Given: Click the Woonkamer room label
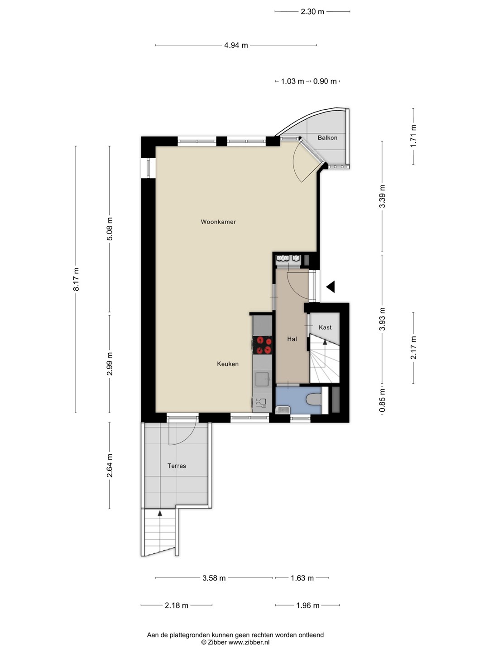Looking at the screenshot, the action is tap(218, 222).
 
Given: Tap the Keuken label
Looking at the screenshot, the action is tap(228, 364).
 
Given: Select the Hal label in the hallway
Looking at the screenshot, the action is tap(292, 339).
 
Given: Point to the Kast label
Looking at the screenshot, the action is tap(325, 327).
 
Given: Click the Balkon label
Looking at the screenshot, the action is tap(327, 137).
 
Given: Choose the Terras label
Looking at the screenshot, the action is tap(177, 466).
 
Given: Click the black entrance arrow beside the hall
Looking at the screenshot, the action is tap(331, 287).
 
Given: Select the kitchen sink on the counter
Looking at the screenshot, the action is tap(262, 379).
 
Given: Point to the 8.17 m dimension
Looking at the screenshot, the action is tap(77, 279).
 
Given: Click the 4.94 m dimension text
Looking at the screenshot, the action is tap(236, 45).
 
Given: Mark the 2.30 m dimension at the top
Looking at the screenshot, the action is tap(312, 12).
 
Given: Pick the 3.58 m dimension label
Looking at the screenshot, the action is tap(214, 578).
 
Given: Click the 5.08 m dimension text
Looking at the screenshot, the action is tap(110, 229).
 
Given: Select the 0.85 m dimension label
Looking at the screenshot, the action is tap(383, 400).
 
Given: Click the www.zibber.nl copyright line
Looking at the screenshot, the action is tap(235, 642).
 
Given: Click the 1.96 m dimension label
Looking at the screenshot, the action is tap(308, 605).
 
